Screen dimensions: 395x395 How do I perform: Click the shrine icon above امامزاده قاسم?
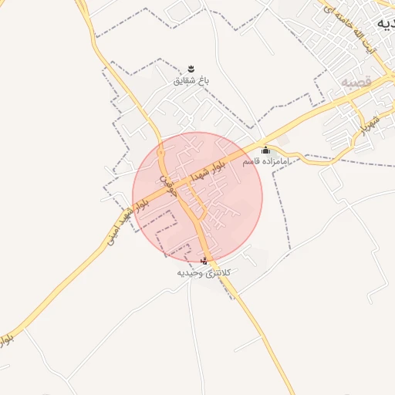tap(266, 150)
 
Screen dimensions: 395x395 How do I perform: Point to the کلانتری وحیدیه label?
tap(204, 272)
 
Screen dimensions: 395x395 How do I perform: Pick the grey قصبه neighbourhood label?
tap(356, 81)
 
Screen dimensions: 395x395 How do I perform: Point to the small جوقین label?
tap(169, 186)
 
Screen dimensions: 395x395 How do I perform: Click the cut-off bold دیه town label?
tap(385, 24)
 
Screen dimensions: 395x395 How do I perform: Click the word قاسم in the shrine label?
tap(252, 163)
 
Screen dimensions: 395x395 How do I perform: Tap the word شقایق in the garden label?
tap(186, 79)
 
